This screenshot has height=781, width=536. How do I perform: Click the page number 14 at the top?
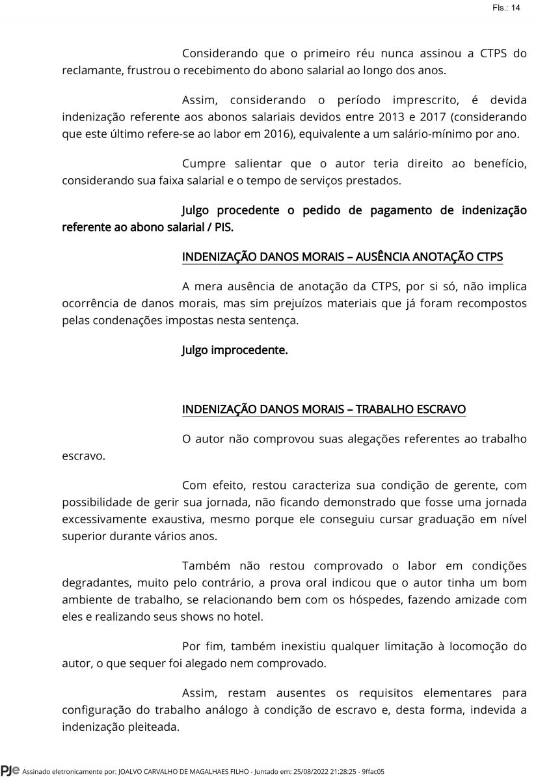click(516, 8)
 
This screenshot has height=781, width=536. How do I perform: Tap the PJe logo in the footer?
click(10, 771)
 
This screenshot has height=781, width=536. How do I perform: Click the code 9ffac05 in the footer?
click(372, 772)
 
